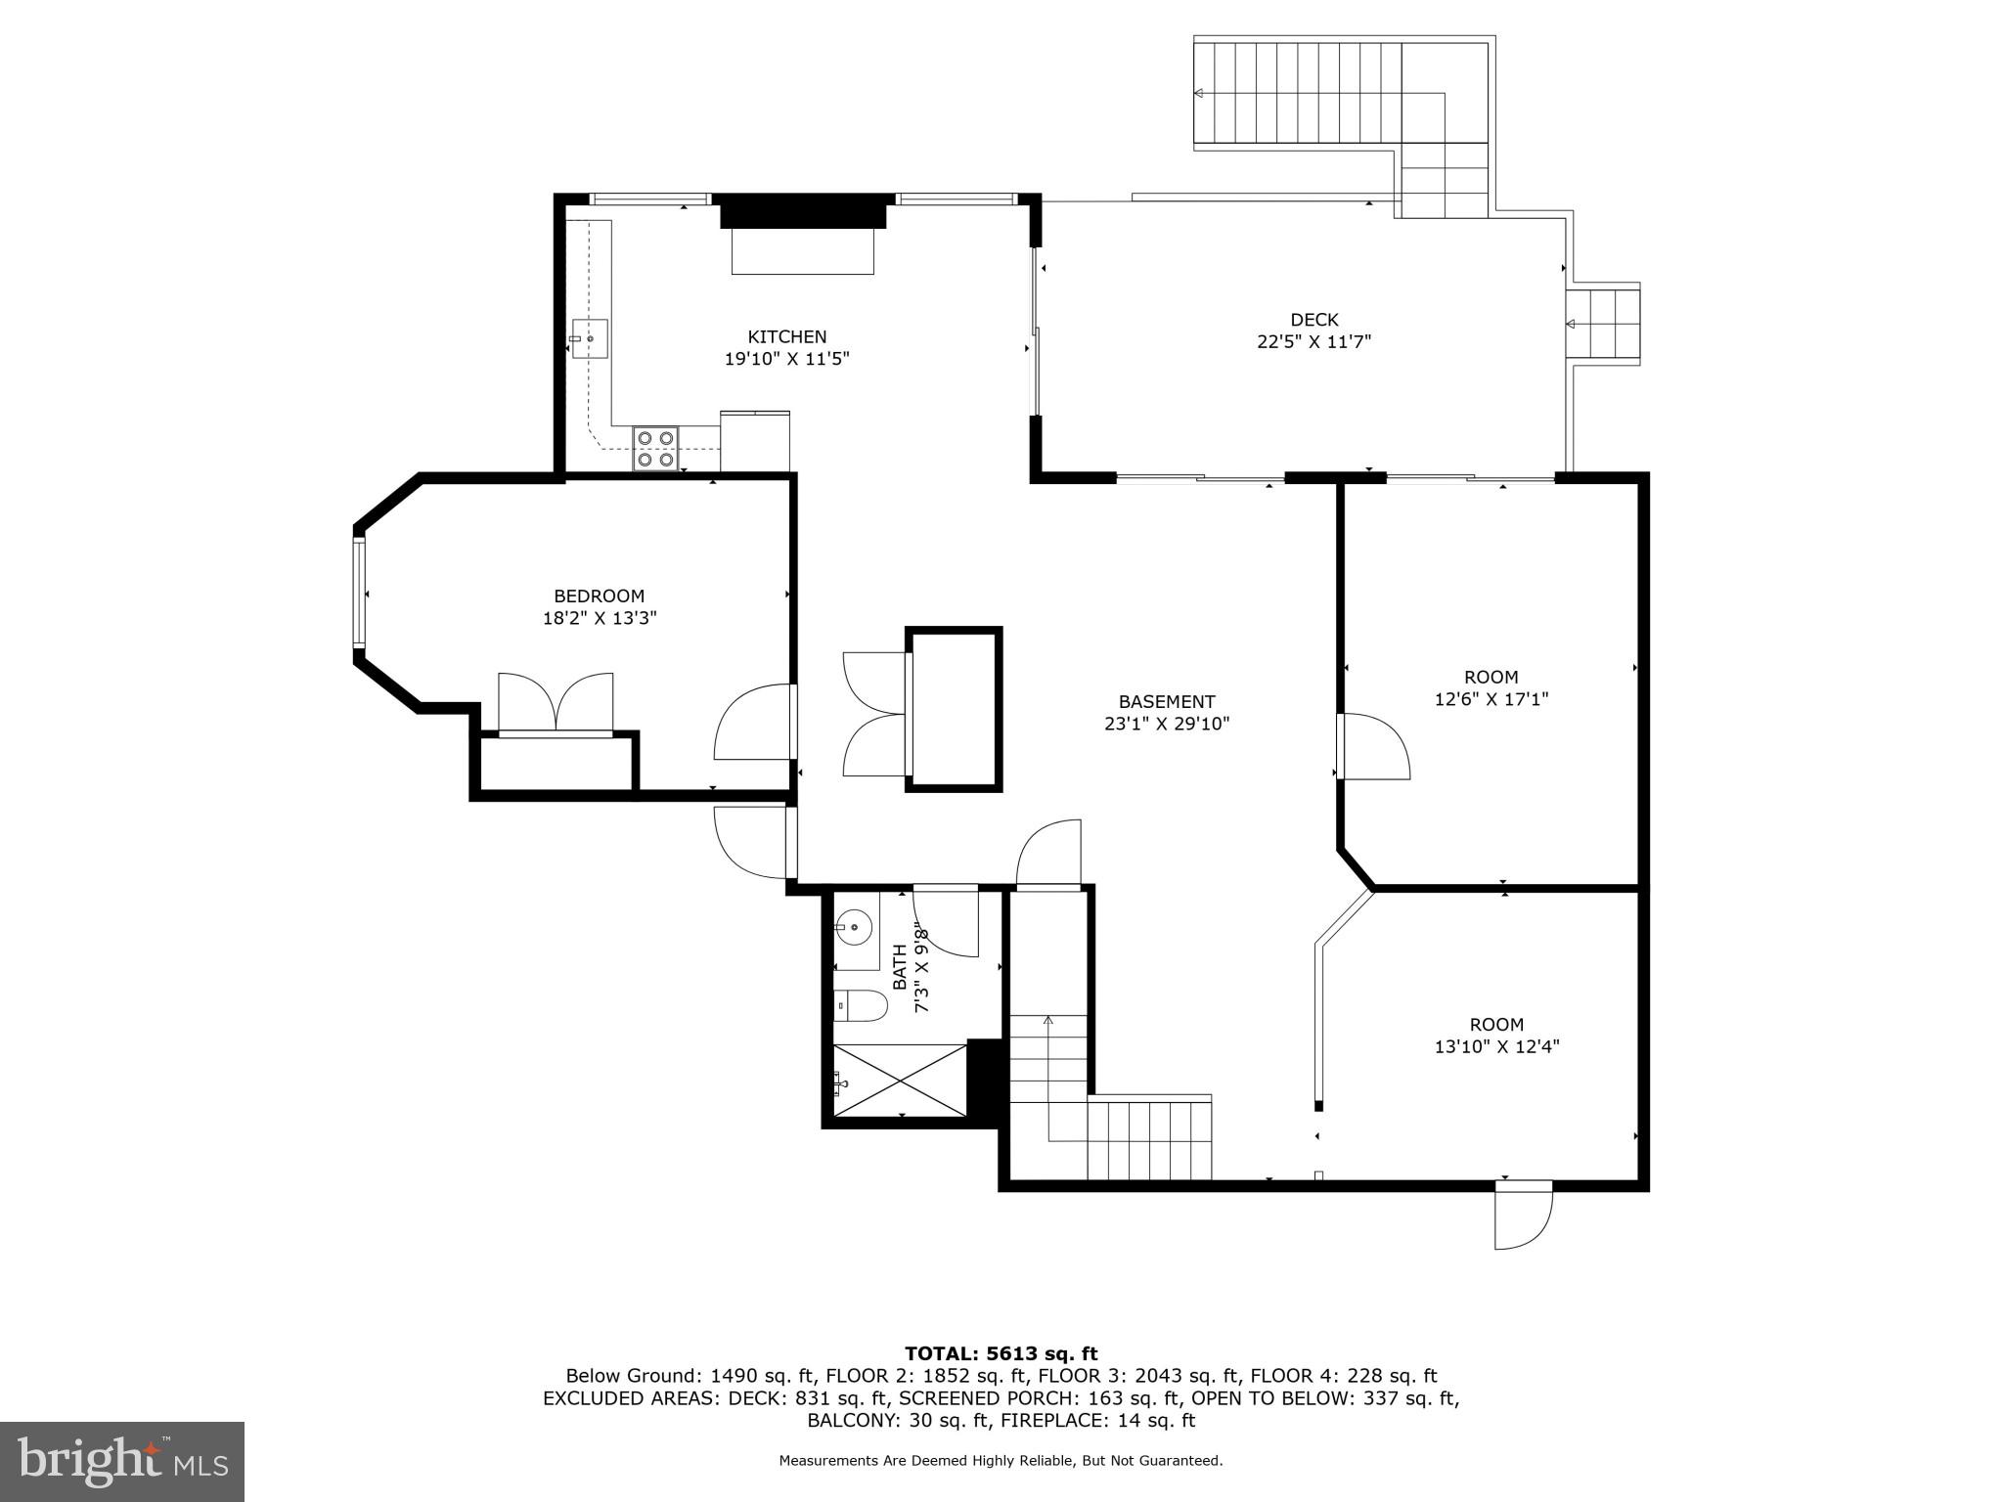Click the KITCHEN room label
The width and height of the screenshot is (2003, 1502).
[x=786, y=336]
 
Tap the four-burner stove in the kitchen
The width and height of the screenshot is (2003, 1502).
[x=655, y=449]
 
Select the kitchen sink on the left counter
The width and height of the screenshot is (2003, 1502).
[x=589, y=339]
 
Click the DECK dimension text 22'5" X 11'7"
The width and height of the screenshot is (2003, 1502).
[x=1313, y=342]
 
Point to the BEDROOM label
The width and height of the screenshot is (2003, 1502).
[x=599, y=596]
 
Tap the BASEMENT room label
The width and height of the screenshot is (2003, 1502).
[x=1166, y=701]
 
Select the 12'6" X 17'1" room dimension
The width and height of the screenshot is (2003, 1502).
[x=1491, y=699]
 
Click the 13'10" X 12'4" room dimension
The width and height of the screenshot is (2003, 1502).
[x=1496, y=1046]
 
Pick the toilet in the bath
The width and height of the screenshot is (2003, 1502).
[x=861, y=1004]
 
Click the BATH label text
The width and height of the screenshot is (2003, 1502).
[x=899, y=966]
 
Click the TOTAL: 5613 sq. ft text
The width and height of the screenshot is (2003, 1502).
[x=1001, y=1354]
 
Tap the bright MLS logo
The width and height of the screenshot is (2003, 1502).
[x=121, y=1461]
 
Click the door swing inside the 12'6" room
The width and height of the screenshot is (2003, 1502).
[x=1373, y=747]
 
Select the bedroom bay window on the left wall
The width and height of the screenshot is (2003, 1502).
[x=359, y=593]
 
